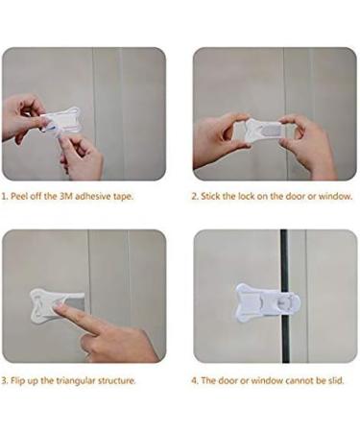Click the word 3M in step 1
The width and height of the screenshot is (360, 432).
[65, 197]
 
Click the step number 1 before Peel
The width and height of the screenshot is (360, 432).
[4, 197]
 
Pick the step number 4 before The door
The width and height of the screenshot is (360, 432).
[194, 380]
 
